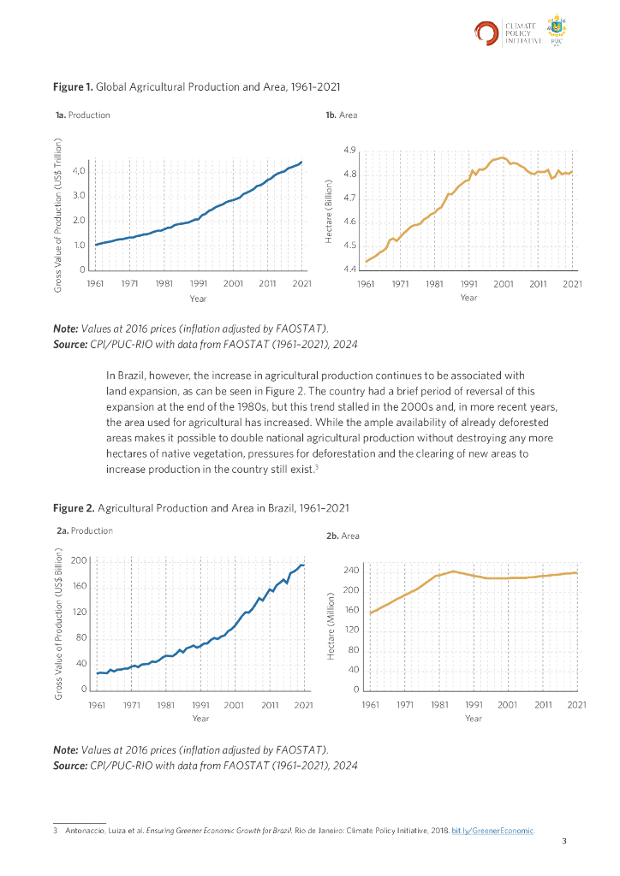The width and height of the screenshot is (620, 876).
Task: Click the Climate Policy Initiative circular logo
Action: pyautogui.click(x=487, y=33)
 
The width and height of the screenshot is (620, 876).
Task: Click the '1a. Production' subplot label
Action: pyautogui.click(x=82, y=115)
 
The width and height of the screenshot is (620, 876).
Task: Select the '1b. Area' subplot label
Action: pyautogui.click(x=342, y=115)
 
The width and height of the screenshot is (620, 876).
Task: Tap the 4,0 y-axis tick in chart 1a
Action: pyautogui.click(x=80, y=171)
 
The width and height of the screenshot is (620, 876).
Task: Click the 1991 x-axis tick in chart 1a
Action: pyautogui.click(x=198, y=282)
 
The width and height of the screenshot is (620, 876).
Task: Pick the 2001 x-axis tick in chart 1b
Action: pyautogui.click(x=503, y=282)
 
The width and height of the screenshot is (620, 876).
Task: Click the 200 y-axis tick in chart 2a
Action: pyautogui.click(x=80, y=560)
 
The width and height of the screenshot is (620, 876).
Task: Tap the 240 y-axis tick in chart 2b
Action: pyautogui.click(x=349, y=570)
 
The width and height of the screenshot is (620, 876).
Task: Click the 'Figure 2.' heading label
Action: pyautogui.click(x=74, y=508)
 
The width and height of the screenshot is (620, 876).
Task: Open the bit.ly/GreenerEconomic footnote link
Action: pyautogui.click(x=492, y=831)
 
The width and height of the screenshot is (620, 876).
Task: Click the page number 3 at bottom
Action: pyautogui.click(x=563, y=843)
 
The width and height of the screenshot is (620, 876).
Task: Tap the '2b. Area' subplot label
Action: pyautogui.click(x=343, y=536)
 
